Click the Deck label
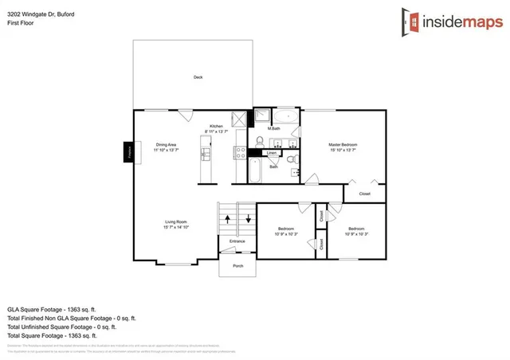(x=198, y=77)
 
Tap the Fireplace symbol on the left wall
(x=127, y=152)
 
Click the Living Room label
(x=175, y=223)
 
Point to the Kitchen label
(x=216, y=128)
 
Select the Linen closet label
(x=271, y=152)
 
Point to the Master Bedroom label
(x=343, y=147)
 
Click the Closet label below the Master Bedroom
(x=364, y=194)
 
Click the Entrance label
(x=237, y=241)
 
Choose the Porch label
(x=237, y=265)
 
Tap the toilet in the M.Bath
(x=260, y=142)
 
